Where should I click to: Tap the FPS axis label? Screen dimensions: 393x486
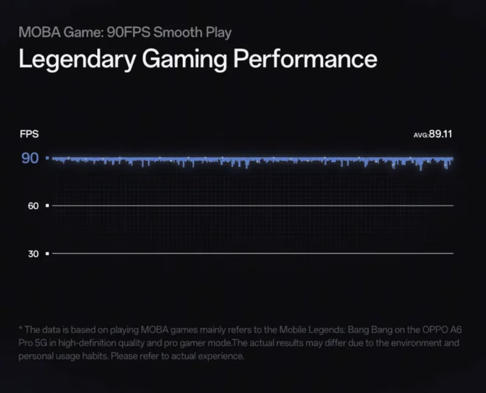click(29, 134)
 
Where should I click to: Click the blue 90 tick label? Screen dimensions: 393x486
click(30, 159)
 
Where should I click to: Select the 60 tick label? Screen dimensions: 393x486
click(33, 206)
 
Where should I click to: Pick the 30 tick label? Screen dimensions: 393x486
click(33, 253)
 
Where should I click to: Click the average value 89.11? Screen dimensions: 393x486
click(440, 134)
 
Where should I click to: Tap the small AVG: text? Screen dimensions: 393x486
click(420, 135)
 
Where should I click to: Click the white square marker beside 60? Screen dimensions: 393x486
click(47, 206)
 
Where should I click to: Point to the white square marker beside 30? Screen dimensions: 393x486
click(47, 253)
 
